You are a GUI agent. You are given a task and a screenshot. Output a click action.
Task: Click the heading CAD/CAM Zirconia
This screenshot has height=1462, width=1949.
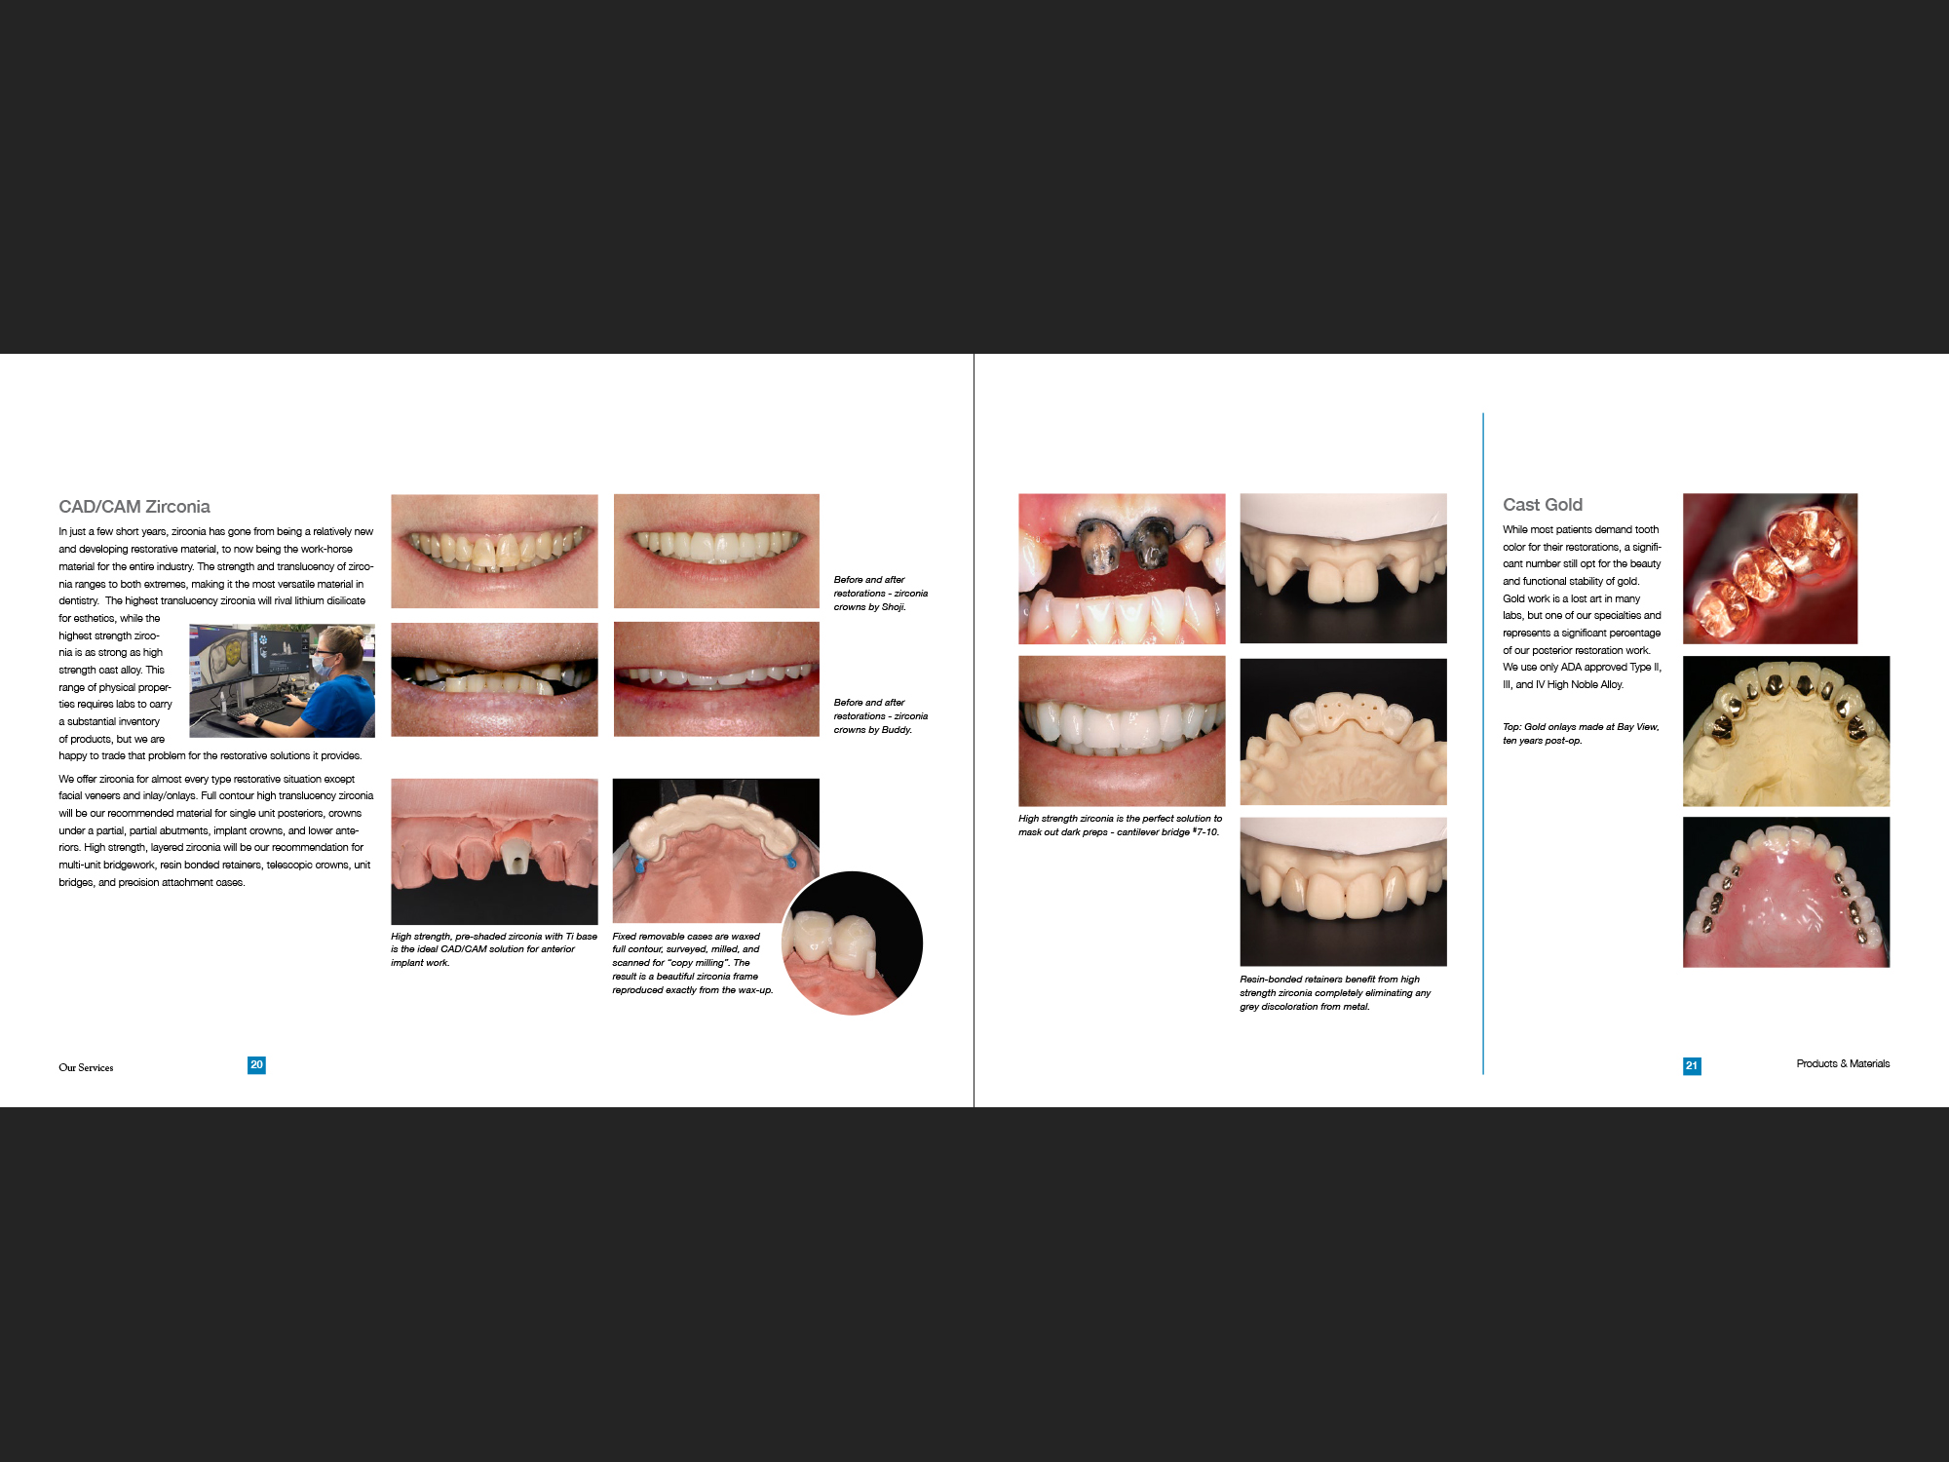134,507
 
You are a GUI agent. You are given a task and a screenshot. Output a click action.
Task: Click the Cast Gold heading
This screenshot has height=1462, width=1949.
1542,505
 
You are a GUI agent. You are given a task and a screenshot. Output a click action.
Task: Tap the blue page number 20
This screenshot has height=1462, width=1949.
256,1065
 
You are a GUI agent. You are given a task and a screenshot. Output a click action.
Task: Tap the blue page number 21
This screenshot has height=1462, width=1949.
1692,1066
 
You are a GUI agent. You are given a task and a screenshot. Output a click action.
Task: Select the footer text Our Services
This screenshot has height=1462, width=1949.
86,1068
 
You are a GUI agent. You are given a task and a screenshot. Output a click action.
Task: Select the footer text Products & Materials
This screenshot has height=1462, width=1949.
1842,1064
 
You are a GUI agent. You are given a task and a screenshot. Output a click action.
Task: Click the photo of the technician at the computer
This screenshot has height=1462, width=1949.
282,681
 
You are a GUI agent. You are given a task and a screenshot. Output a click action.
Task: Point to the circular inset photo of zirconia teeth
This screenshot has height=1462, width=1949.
852,943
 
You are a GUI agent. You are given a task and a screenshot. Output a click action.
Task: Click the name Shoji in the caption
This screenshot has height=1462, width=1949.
893,607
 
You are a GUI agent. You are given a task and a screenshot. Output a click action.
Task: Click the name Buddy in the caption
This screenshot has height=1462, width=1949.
897,730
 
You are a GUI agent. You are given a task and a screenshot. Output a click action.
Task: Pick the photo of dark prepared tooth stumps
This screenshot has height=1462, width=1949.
1121,568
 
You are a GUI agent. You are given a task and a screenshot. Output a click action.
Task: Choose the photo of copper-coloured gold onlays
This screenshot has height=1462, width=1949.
1770,568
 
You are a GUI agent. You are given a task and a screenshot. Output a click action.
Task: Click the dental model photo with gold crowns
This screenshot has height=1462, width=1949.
1785,731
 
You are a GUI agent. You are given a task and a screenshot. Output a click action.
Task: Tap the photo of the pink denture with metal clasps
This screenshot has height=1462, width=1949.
1785,892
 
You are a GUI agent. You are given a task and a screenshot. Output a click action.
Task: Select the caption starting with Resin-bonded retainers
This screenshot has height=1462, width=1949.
1334,993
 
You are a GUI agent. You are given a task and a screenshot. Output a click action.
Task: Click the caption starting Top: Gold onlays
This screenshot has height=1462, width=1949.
1580,734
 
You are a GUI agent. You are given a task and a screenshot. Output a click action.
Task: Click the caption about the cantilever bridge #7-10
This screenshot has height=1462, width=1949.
1120,826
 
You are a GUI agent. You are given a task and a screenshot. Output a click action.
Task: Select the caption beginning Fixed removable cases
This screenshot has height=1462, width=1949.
691,963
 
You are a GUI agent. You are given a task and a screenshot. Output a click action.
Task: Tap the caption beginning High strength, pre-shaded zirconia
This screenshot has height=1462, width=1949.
493,949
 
